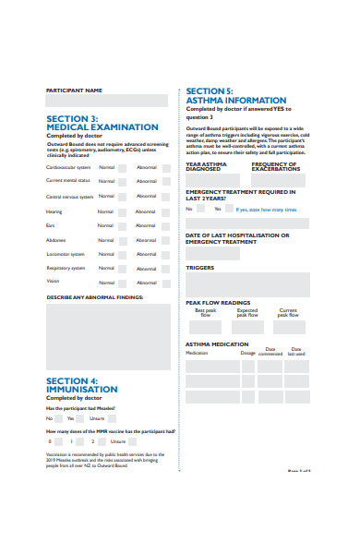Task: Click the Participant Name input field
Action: pyautogui.click(x=106, y=101)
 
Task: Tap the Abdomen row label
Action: pyautogui.click(x=57, y=239)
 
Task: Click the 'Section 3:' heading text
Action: pyautogui.click(x=72, y=118)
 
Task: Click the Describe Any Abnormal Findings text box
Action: pyautogui.click(x=106, y=337)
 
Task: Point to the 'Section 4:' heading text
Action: pyautogui.click(x=72, y=381)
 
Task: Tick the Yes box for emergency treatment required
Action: pyautogui.click(x=228, y=209)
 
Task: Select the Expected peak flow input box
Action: pyautogui.click(x=246, y=327)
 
